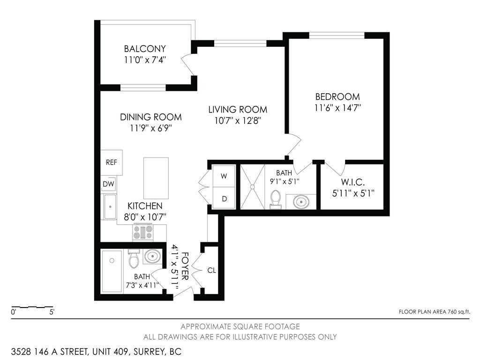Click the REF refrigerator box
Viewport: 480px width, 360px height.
(x=111, y=163)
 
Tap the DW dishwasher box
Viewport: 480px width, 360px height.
(x=108, y=184)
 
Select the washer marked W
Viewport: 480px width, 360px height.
(x=224, y=176)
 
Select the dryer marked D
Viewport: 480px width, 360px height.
(x=224, y=199)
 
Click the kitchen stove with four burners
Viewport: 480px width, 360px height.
(x=143, y=232)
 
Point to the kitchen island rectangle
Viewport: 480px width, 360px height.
(x=156, y=178)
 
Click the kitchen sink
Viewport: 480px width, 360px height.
(x=111, y=207)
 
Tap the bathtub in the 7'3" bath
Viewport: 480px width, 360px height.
(x=112, y=271)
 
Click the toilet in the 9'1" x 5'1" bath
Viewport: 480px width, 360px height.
(x=276, y=199)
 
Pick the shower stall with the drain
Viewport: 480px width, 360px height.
(x=252, y=187)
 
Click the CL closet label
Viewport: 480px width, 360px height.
(x=211, y=270)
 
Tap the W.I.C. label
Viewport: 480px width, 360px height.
(x=351, y=181)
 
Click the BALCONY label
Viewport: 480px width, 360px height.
(x=145, y=49)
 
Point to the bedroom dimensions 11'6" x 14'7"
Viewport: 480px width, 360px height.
(x=337, y=107)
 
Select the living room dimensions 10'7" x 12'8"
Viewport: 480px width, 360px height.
(x=238, y=120)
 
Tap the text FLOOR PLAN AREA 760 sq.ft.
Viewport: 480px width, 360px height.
(x=434, y=311)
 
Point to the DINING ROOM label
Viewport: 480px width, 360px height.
(x=150, y=117)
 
